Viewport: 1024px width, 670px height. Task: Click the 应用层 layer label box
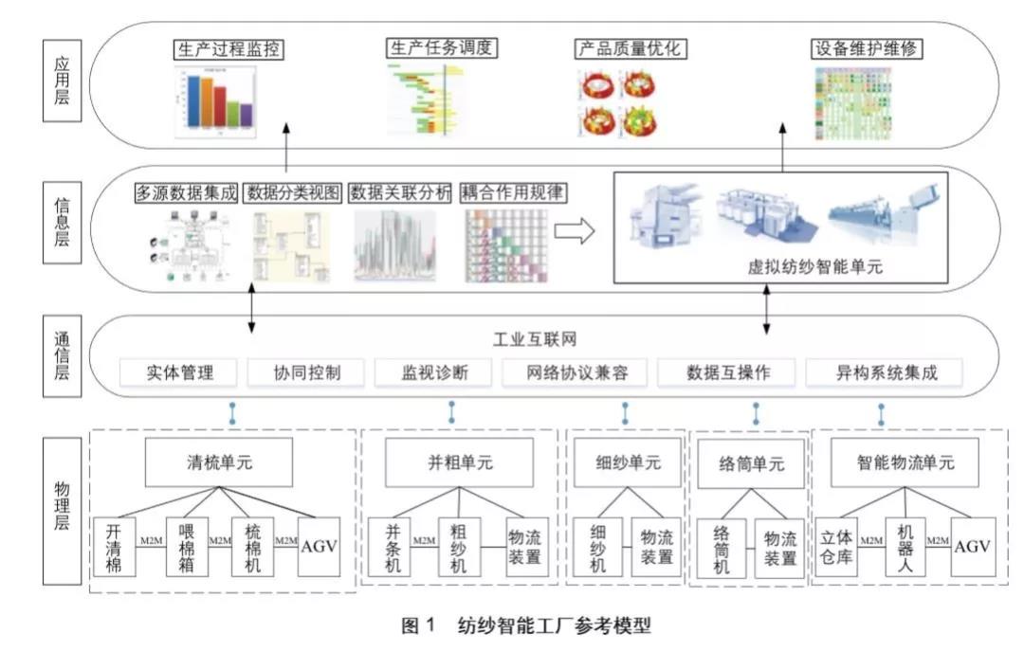[x=61, y=82]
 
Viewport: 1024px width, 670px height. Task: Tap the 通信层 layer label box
[x=61, y=355]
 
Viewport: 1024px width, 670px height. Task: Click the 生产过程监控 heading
[x=229, y=49]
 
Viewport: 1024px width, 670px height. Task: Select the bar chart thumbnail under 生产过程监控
[x=217, y=102]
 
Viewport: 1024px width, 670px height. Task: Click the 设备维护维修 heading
[x=868, y=49]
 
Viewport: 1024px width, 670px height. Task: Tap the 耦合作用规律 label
[x=512, y=192]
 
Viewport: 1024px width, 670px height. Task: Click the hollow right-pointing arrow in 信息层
[x=575, y=230]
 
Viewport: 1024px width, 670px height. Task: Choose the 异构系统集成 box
[x=884, y=372]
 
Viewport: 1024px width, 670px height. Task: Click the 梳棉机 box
[x=253, y=547]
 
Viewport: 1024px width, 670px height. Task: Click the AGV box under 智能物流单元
[x=972, y=547]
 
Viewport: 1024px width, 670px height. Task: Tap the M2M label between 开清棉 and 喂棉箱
[x=151, y=540]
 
